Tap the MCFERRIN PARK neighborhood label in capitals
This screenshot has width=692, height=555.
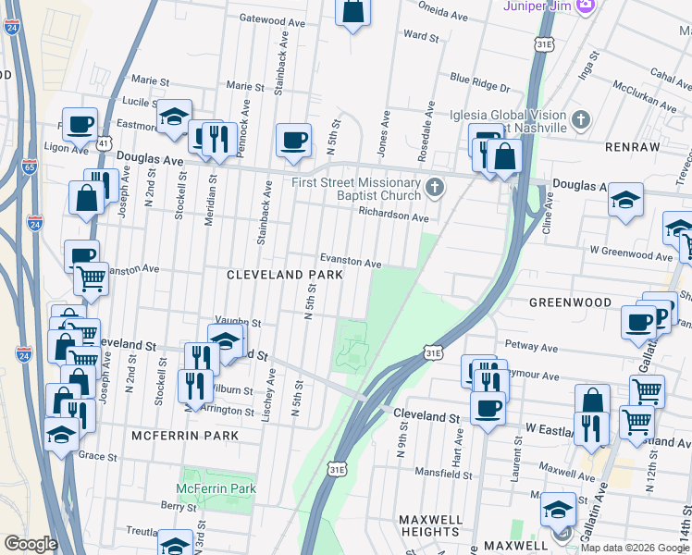click(185, 435)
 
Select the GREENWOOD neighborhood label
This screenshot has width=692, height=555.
click(570, 302)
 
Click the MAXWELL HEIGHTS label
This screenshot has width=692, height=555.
click(430, 525)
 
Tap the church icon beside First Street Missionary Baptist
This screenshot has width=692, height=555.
click(436, 189)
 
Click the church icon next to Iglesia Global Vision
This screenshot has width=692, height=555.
click(580, 120)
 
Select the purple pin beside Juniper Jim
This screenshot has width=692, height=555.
click(585, 6)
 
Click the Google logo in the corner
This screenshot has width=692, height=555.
click(31, 544)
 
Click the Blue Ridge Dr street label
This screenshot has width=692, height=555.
click(480, 83)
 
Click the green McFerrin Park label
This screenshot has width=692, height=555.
click(216, 488)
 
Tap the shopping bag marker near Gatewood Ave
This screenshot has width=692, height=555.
click(353, 11)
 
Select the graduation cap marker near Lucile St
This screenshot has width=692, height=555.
click(173, 117)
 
